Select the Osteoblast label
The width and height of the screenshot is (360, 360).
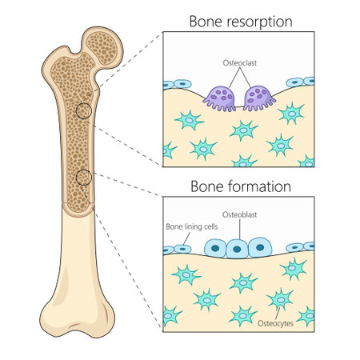pyautogui.click(x=238, y=215)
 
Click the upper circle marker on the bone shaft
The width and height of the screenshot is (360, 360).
pyautogui.click(x=82, y=111)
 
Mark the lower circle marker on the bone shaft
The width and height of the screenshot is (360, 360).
pyautogui.click(x=82, y=178)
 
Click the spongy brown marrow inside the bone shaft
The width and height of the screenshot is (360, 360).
pyautogui.click(x=78, y=144)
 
